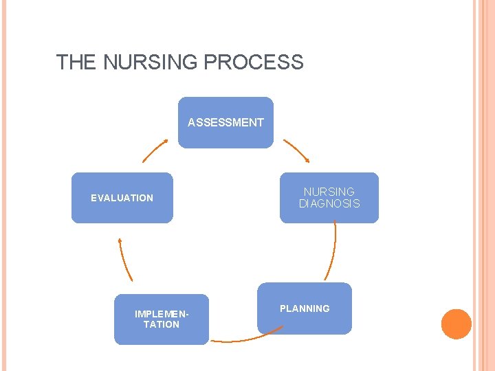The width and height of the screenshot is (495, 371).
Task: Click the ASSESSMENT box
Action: click(225, 122)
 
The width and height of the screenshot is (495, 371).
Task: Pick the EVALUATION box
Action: click(122, 198)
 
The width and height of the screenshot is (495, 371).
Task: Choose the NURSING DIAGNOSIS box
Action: click(329, 198)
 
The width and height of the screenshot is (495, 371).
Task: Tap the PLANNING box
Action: click(305, 308)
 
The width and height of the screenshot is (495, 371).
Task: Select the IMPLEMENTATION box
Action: click(161, 319)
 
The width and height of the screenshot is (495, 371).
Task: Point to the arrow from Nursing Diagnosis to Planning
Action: click(333, 251)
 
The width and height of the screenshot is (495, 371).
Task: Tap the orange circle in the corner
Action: click(456, 324)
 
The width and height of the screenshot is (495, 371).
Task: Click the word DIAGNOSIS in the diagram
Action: click(329, 203)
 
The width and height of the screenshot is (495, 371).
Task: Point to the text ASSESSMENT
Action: click(225, 122)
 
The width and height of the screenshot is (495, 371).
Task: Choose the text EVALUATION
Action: click(122, 198)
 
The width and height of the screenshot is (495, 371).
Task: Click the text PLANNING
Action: click(305, 308)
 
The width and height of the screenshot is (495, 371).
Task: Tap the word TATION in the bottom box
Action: click(161, 324)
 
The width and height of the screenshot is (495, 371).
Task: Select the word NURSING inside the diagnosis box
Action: click(329, 192)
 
